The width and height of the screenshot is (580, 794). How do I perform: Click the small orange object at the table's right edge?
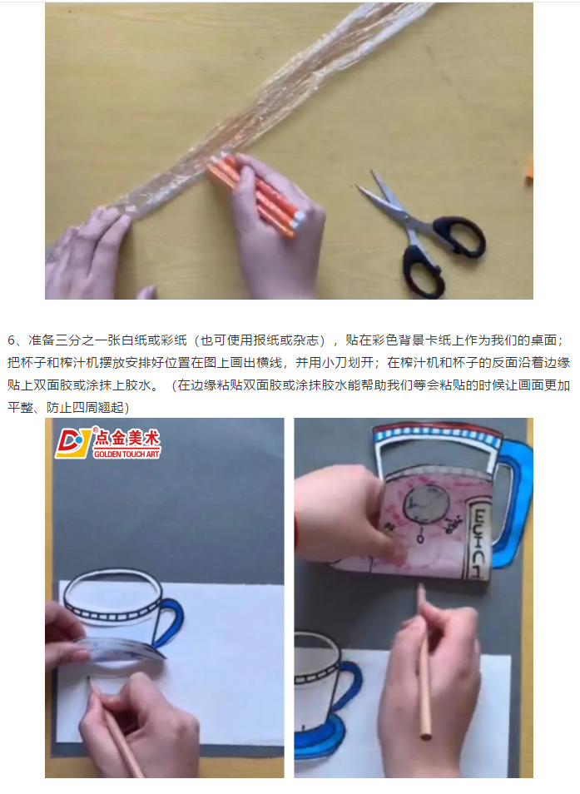coord(529,166)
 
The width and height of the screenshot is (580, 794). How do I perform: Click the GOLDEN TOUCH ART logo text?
coord(126,454)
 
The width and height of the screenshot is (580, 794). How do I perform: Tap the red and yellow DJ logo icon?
coord(73,443)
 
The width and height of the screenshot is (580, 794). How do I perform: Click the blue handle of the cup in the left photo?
coord(170,623)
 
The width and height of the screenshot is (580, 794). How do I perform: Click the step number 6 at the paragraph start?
coord(12,340)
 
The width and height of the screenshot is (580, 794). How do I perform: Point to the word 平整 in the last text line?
coord(21,408)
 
